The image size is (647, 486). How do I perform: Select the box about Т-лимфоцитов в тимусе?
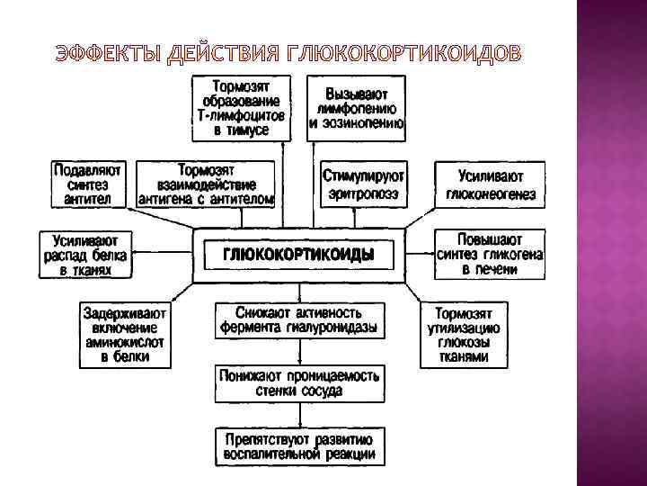pos(242,107)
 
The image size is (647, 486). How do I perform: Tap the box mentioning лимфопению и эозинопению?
pos(356,107)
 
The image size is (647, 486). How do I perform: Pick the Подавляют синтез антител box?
pos(89,184)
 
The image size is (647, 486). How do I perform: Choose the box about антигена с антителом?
pos(206,184)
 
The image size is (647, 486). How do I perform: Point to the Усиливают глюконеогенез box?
pos(490,184)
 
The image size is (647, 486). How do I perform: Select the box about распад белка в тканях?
pos(86,255)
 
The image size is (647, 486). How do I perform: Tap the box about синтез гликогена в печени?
pos(490,255)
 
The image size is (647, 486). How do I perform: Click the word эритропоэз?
pos(364,193)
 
